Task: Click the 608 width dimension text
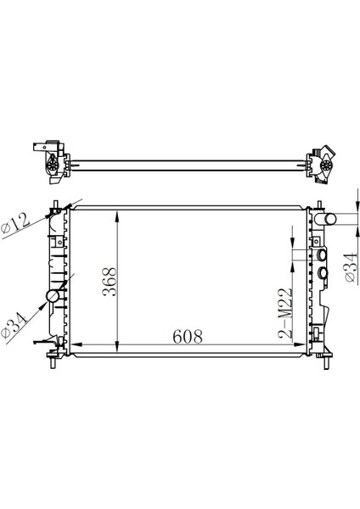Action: click(188, 336)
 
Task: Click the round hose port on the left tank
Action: click(52, 297)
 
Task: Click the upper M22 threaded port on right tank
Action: click(322, 255)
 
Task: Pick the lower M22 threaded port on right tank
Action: click(322, 272)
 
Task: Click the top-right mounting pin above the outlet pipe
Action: click(318, 204)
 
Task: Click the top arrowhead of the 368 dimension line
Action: click(117, 212)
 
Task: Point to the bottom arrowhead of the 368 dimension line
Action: click(117, 344)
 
